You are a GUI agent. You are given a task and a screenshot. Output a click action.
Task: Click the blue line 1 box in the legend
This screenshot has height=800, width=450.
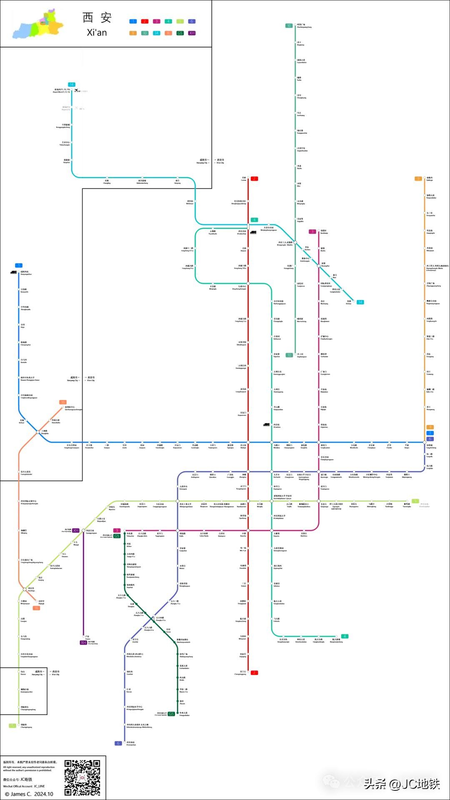tap(133, 21)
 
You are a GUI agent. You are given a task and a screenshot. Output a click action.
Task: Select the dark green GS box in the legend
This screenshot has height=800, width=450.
tap(180, 33)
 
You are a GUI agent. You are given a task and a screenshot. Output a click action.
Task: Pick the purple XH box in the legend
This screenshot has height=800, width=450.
tap(192, 33)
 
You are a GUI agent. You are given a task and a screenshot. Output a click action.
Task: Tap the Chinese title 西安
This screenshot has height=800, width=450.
tap(97, 17)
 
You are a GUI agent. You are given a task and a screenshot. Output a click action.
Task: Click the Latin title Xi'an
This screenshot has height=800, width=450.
tap(97, 32)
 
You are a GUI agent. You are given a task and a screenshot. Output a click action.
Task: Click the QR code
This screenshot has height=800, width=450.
tap(82, 777)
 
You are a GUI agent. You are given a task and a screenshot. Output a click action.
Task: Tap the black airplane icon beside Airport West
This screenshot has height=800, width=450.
tap(76, 90)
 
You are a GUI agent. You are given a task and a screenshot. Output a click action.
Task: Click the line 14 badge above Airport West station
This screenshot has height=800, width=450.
tap(72, 85)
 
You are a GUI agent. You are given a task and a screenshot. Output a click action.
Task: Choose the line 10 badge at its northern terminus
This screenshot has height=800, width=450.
tap(289, 26)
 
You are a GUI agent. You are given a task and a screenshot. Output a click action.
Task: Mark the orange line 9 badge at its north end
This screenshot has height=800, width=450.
tap(418, 179)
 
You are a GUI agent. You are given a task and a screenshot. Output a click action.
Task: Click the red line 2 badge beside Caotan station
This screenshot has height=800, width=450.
tap(254, 179)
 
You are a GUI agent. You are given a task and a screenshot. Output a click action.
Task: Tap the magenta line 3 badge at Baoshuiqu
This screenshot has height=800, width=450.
tap(312, 232)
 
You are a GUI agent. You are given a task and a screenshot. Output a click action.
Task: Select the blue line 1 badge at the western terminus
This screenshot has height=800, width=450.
tap(18, 265)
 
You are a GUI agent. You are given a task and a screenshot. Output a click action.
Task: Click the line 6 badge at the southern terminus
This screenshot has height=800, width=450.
tap(118, 743)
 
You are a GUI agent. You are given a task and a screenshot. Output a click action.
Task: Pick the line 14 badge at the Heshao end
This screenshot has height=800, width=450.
tap(360, 302)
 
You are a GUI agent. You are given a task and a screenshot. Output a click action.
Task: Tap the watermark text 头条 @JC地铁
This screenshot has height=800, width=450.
tap(402, 784)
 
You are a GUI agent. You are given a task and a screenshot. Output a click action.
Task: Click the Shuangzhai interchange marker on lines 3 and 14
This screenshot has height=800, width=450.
tap(319, 265)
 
